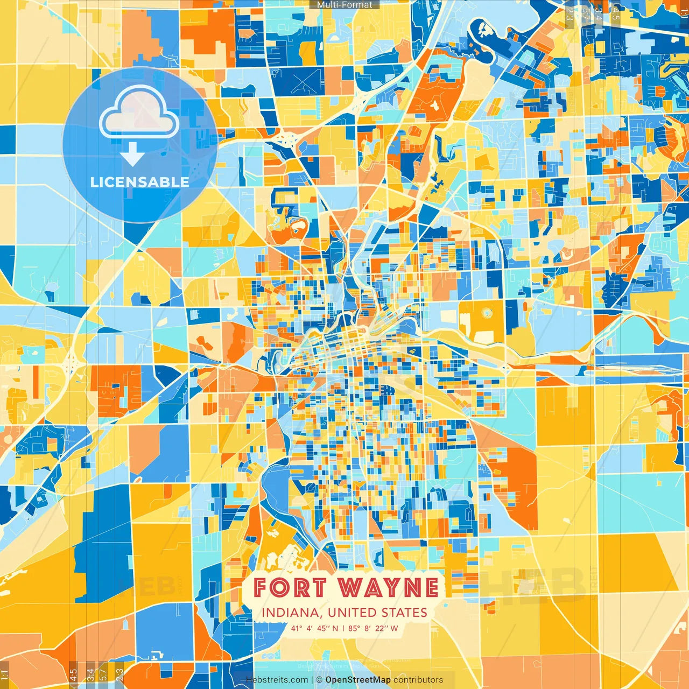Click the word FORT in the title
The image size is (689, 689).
[x=290, y=588]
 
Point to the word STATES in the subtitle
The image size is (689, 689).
[x=404, y=613]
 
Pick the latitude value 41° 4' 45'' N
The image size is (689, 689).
[x=315, y=628]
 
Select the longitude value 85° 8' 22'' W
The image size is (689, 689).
[x=373, y=628]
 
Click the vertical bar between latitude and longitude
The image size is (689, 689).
[x=343, y=628]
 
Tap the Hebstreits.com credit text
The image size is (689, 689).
[x=277, y=680]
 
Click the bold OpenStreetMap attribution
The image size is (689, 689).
[x=358, y=680]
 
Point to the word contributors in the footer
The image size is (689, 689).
[x=418, y=680]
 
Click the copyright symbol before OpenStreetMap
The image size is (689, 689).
[x=319, y=680]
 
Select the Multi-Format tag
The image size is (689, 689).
[x=344, y=5]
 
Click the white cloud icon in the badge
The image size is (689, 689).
[x=139, y=113]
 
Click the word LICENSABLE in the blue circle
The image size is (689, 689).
[x=140, y=182]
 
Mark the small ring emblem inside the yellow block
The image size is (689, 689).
[x=487, y=313]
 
